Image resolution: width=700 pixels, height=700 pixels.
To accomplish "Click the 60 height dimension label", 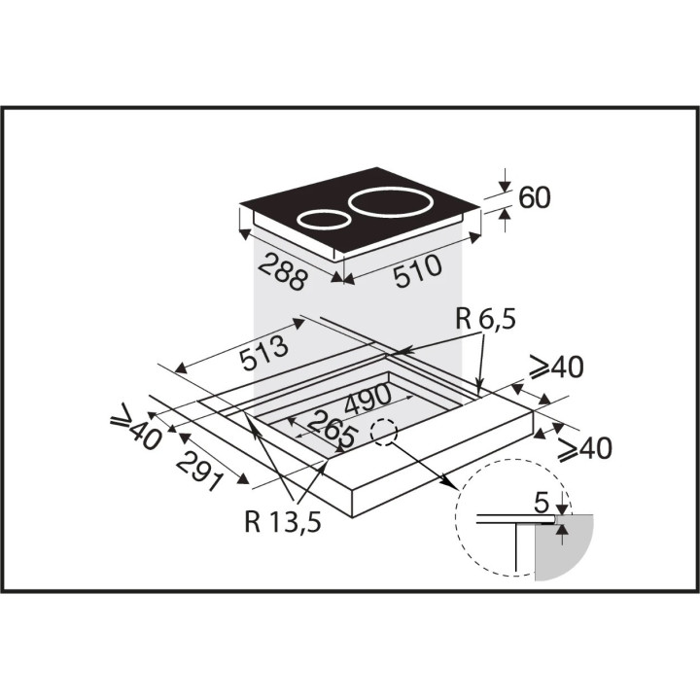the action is coord(535,197).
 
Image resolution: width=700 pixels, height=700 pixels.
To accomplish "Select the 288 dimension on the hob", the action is coord(283,271).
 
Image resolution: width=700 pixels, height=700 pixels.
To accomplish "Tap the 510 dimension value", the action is coord(418,271).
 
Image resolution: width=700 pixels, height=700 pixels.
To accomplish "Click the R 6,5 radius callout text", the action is coord(486,320).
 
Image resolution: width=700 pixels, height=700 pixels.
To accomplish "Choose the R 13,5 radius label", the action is coord(283,521).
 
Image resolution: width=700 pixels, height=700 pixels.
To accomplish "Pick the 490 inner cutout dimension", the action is coord(368,399).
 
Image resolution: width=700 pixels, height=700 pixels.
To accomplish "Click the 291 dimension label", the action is coord(200,472).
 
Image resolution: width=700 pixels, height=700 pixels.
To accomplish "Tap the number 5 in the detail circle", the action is coord(542,504).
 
